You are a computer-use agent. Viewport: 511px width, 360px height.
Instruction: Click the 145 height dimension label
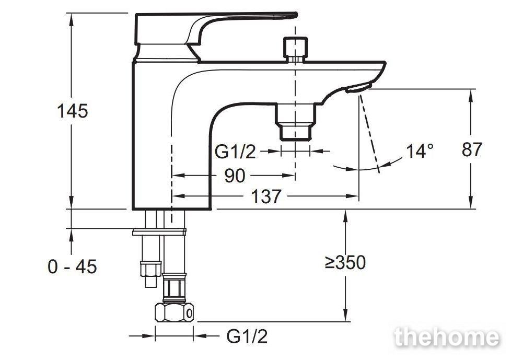[72, 111]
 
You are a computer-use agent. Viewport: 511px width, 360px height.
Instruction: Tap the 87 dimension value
[472, 149]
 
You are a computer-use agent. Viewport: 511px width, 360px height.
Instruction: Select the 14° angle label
[420, 151]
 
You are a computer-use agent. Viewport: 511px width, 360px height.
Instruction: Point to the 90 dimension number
[235, 176]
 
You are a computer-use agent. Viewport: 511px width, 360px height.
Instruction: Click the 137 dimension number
[265, 196]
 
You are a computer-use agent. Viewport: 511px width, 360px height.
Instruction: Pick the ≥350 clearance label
[345, 262]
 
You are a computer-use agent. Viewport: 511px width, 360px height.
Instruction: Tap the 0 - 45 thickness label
[72, 267]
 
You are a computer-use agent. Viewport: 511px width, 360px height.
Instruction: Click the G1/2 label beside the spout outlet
[235, 152]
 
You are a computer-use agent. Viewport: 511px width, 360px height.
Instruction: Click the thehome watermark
[447, 337]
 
